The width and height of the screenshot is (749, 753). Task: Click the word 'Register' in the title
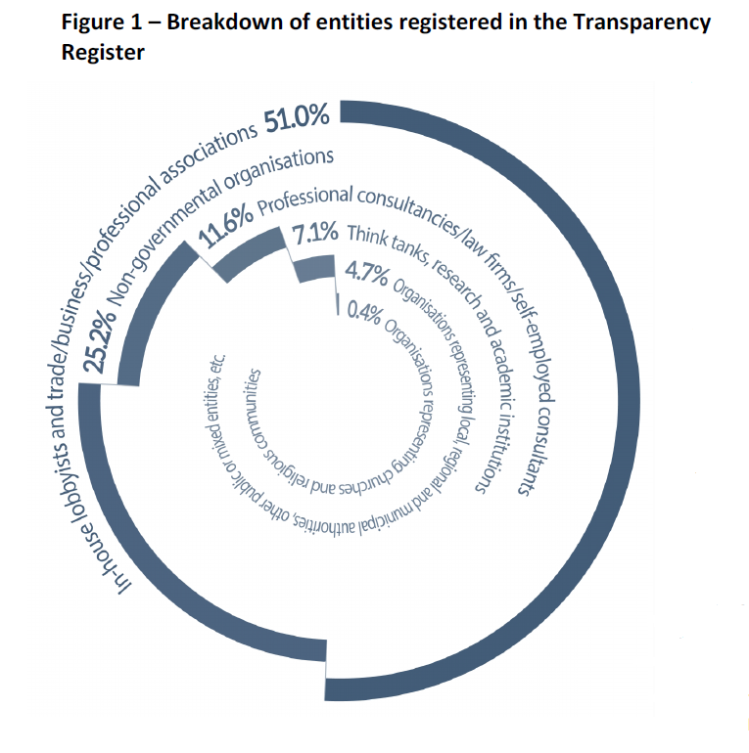point(103,53)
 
